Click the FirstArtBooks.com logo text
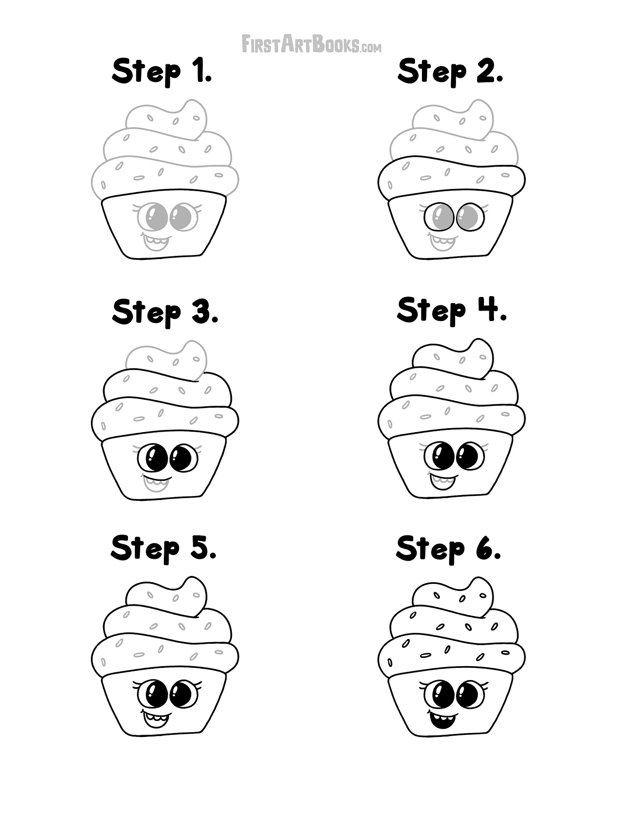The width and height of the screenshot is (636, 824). pos(311,44)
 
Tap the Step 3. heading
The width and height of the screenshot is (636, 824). pos(165,312)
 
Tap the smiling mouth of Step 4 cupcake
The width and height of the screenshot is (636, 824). pos(442,481)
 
